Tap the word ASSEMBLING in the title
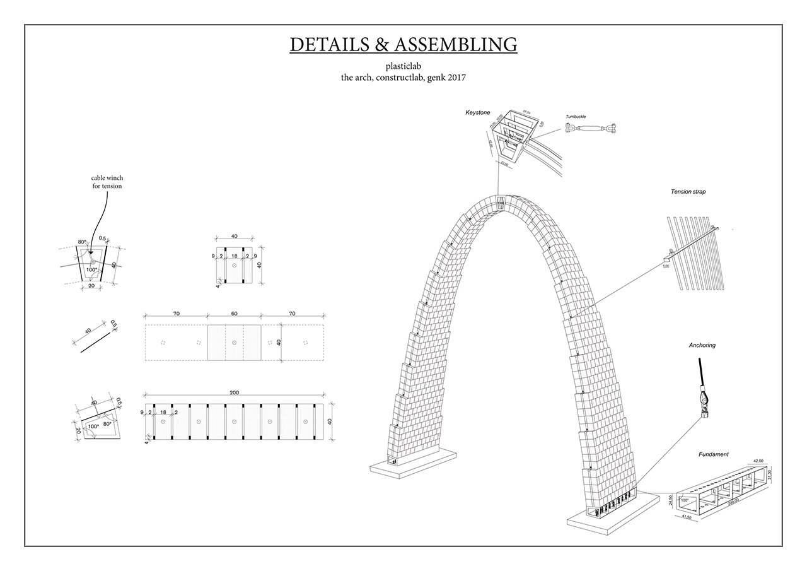456,45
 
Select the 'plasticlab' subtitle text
403,66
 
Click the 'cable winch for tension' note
107,182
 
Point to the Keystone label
477,112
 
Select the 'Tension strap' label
688,191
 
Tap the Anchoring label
702,345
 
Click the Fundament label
713,454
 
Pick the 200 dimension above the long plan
234,392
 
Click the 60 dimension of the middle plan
234,313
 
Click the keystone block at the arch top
501,203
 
